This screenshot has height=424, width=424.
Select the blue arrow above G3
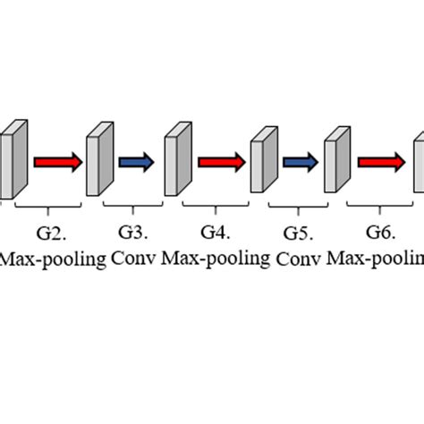point(137,162)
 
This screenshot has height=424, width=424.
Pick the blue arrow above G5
point(300,162)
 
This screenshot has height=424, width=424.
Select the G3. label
point(131,233)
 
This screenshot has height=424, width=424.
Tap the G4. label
point(215,233)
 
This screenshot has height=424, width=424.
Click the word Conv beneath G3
point(133,259)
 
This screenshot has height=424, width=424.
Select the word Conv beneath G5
point(299,260)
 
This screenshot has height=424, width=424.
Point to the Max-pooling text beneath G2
point(53,259)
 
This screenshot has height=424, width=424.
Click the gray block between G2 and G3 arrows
point(96,162)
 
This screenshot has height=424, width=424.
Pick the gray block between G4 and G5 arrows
point(260,162)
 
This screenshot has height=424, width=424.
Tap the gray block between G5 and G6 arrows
point(335,162)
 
